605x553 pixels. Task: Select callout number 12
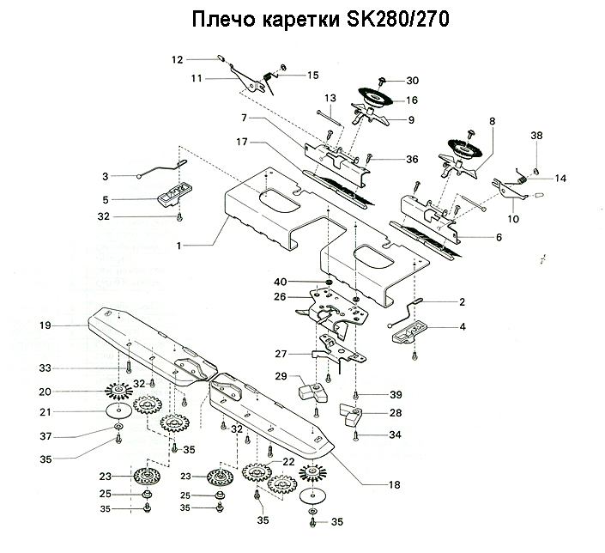[178, 60]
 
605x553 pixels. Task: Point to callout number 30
[412, 81]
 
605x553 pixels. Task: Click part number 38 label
[537, 136]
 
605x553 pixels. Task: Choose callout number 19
[46, 325]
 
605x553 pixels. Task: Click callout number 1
[179, 246]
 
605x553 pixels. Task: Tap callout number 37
[46, 435]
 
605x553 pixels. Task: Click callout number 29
[280, 377]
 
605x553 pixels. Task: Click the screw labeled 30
[384, 82]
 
